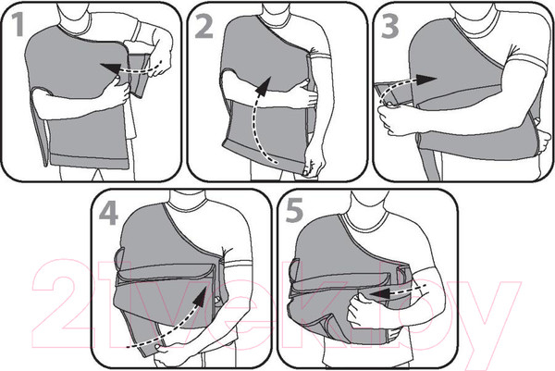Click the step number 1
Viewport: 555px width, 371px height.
tap(18, 24)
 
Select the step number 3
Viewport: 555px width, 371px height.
tap(390, 27)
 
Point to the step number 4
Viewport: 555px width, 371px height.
tap(108, 214)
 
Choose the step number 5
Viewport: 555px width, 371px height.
tap(294, 210)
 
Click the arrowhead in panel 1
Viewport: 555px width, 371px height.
tap(110, 69)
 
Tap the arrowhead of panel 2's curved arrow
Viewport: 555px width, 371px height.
tap(264, 86)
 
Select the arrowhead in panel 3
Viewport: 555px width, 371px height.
tap(426, 80)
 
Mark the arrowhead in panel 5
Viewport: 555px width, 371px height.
tap(378, 293)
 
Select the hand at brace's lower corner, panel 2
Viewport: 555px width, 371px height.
tap(314, 163)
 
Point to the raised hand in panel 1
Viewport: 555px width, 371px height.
tap(158, 60)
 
